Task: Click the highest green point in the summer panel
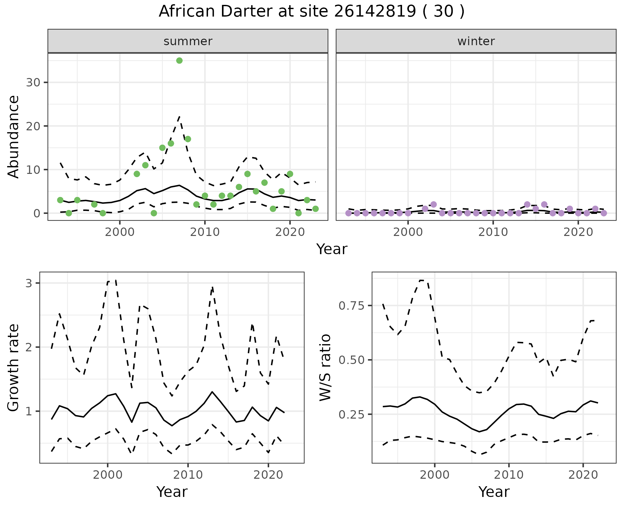(x=179, y=60)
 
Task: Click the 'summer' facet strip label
(x=188, y=41)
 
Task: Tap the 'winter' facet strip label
(x=476, y=41)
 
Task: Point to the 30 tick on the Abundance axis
(x=33, y=83)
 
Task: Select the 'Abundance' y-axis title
(x=13, y=137)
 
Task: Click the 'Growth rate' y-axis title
(x=13, y=368)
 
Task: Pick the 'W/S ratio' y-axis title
(x=325, y=368)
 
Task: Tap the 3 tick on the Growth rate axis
(x=29, y=283)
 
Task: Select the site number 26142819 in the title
(x=375, y=11)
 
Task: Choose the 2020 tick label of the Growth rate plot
(x=268, y=475)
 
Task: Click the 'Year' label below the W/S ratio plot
(x=494, y=492)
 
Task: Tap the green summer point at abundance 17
(x=188, y=139)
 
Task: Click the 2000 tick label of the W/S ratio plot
(x=435, y=475)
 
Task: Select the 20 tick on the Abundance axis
(x=33, y=126)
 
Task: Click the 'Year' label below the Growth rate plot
(x=172, y=492)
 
